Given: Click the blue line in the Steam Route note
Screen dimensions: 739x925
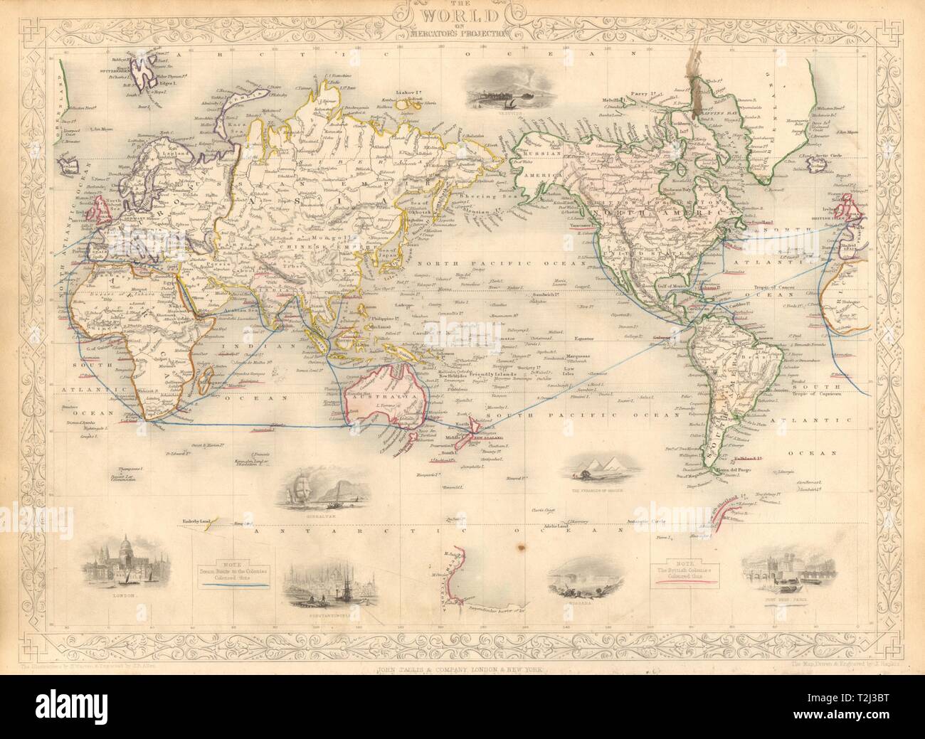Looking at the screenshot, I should pyautogui.click(x=232, y=584).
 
